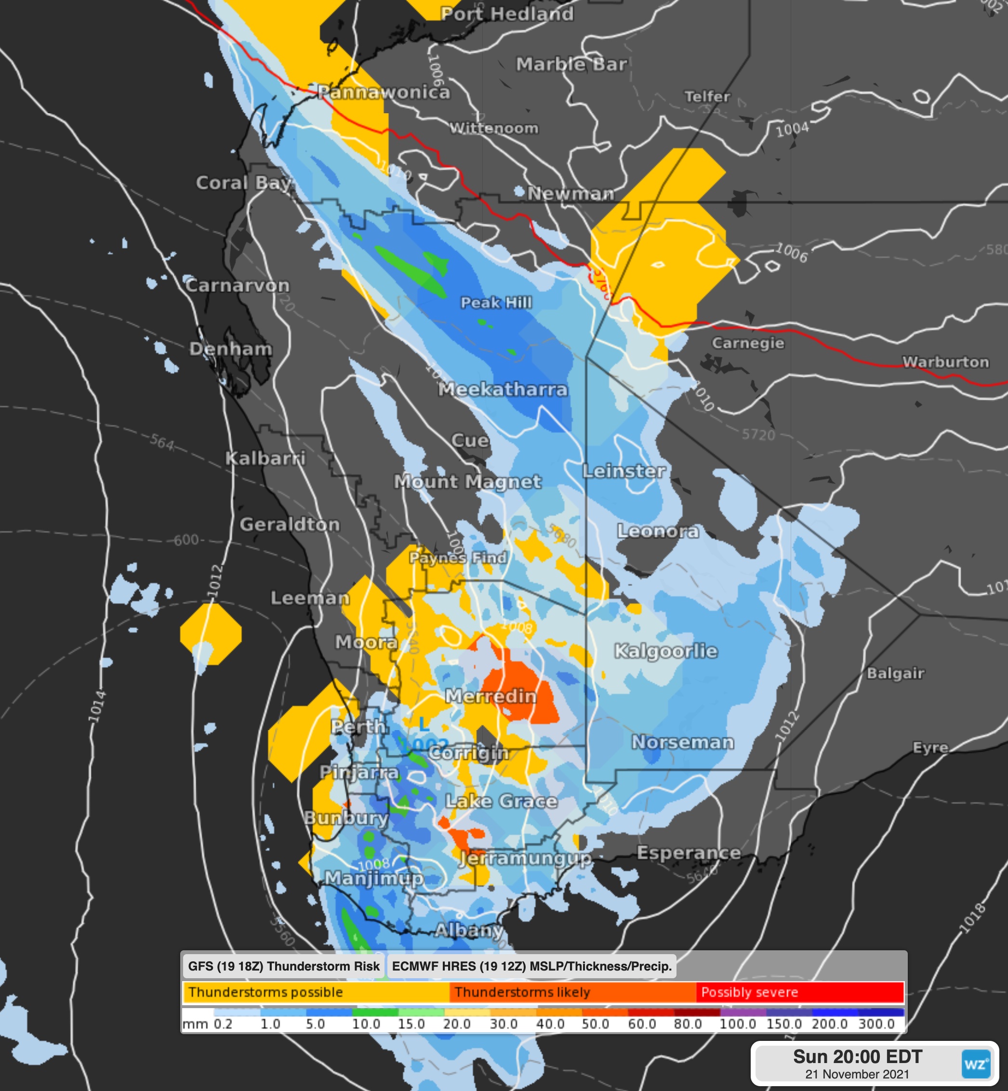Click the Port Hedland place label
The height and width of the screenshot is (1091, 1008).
coord(507,14)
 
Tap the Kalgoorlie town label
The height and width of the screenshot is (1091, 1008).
coord(665,651)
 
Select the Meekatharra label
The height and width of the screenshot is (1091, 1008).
coord(503,389)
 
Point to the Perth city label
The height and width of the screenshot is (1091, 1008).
coord(358,727)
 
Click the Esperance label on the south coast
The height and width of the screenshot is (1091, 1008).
coord(689,852)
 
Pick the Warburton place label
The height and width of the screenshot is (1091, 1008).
coord(945,362)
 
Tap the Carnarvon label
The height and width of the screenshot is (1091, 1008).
coord(237,285)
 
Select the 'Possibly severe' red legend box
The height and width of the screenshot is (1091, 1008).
coord(799,992)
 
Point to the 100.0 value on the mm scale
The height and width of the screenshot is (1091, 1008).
coord(738,1024)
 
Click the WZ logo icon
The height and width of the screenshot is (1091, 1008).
coord(975,1064)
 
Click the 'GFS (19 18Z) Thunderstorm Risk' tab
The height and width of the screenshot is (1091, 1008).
coord(283,966)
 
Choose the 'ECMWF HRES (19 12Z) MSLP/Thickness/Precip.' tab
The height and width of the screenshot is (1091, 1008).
coord(531,966)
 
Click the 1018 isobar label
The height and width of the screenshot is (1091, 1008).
coord(972,918)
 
